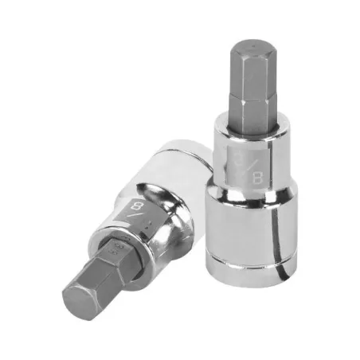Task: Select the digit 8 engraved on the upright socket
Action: (256, 178)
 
